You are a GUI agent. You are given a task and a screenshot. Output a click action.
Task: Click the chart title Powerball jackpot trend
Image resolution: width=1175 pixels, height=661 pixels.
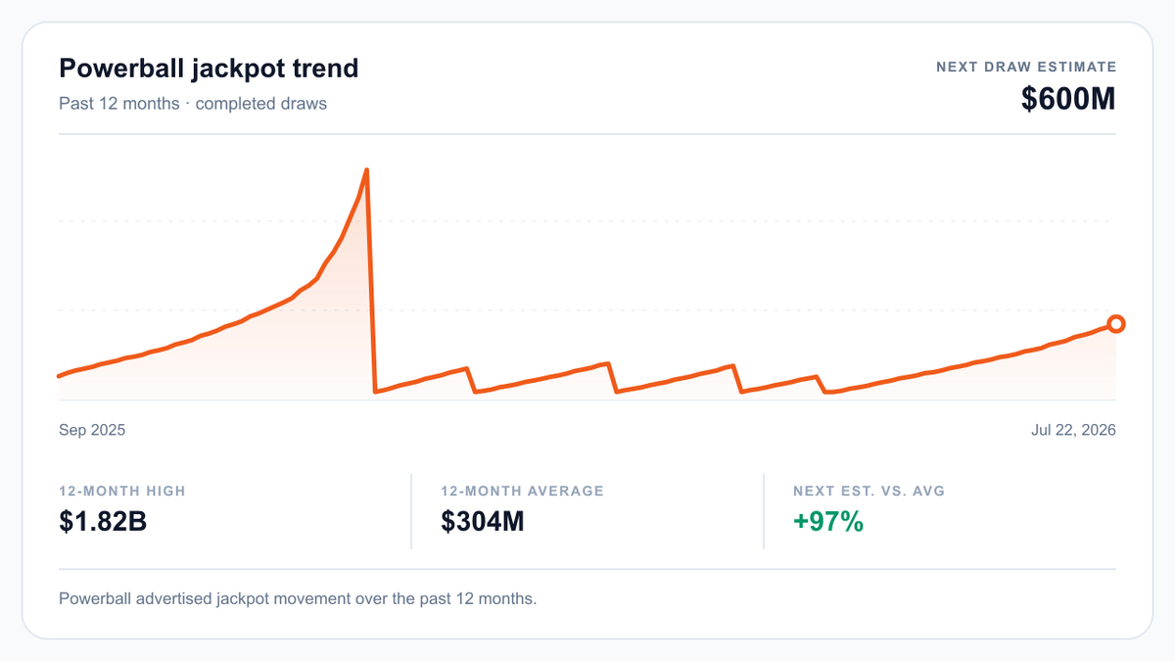tap(209, 69)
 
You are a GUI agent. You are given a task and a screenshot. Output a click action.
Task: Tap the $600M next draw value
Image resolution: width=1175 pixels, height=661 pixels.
tap(1068, 99)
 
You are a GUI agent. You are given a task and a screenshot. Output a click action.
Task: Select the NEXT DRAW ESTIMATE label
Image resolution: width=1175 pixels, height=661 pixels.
tap(1026, 68)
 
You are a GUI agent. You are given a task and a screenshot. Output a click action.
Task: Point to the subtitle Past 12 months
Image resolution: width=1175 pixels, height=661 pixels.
tap(119, 104)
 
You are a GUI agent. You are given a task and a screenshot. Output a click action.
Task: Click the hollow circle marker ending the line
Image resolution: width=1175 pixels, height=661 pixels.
tap(1116, 324)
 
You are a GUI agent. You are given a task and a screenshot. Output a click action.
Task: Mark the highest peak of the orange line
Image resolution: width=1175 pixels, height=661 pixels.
tap(366, 169)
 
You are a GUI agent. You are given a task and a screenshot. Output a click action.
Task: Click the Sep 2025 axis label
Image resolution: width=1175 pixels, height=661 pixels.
tap(92, 430)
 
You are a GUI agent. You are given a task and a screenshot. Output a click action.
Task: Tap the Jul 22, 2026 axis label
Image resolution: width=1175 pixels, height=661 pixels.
tap(1073, 430)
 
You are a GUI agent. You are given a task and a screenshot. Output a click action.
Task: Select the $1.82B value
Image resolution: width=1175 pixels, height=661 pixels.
tap(103, 521)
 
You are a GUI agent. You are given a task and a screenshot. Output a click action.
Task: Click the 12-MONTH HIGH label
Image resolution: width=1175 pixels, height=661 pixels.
tap(122, 491)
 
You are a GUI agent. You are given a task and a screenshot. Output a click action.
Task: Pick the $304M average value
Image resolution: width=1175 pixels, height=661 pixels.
tap(482, 521)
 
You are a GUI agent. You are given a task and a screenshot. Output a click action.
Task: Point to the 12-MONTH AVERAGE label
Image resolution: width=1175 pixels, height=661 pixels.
tap(523, 491)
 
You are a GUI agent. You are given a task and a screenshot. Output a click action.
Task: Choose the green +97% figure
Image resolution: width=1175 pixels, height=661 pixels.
tap(828, 521)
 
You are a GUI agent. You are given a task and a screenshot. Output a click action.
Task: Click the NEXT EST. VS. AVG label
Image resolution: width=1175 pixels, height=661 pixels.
tap(869, 491)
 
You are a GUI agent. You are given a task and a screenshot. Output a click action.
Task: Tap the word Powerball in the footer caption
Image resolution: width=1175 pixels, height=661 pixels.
tap(95, 598)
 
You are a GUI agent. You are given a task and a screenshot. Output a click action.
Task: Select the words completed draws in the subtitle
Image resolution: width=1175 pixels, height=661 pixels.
tap(261, 104)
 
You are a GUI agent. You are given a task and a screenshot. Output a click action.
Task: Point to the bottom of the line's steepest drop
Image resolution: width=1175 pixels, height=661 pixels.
tap(375, 392)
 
